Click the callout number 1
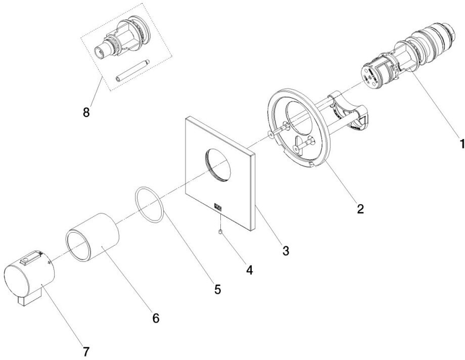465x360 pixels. coord(460,144)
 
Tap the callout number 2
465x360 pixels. coord(359,208)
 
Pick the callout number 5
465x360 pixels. coord(217,289)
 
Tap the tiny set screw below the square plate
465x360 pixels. coord(221,232)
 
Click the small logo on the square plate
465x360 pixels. coord(218,206)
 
